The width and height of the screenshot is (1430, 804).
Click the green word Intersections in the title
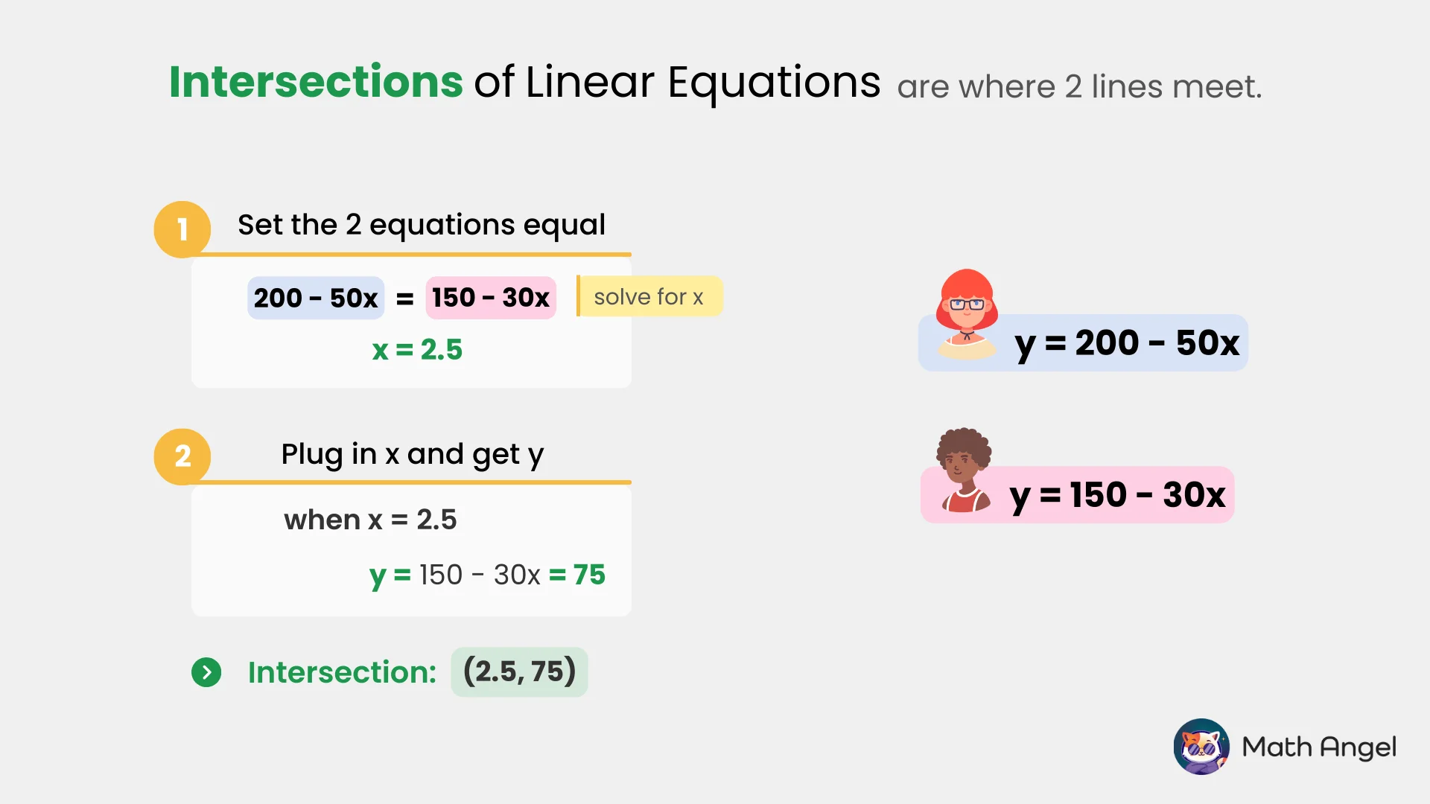click(x=316, y=82)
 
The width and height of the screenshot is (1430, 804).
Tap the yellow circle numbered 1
click(x=182, y=229)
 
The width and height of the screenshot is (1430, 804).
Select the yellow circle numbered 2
click(x=182, y=456)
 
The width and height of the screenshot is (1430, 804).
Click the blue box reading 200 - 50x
click(x=316, y=298)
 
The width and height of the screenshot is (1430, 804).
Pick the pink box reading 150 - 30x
click(x=491, y=298)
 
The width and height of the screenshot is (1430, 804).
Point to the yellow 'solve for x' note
click(x=649, y=297)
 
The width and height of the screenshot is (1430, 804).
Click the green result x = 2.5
click(x=417, y=350)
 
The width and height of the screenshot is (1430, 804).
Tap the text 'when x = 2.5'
click(x=370, y=520)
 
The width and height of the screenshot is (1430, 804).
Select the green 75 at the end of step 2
click(x=588, y=575)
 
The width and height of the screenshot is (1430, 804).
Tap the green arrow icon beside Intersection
click(x=206, y=672)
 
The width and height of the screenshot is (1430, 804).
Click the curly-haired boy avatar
click(x=965, y=470)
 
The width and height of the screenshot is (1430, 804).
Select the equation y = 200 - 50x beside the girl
click(x=1126, y=344)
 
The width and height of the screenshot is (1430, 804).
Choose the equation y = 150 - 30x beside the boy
click(x=1117, y=495)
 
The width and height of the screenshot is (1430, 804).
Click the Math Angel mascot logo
click(x=1201, y=747)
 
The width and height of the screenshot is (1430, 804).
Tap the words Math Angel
click(x=1319, y=747)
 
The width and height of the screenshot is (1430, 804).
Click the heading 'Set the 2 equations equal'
click(x=422, y=225)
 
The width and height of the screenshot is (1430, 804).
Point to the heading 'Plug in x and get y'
click(x=412, y=454)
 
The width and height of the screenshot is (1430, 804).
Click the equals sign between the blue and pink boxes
click(x=405, y=299)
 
